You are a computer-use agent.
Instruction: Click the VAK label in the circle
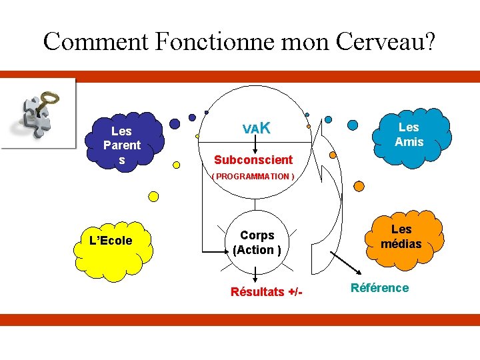click(x=256, y=127)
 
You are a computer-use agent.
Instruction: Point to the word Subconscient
click(x=253, y=160)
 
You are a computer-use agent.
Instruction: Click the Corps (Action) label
click(x=257, y=243)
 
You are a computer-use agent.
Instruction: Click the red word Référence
click(x=379, y=288)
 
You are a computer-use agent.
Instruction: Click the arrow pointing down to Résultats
click(x=257, y=273)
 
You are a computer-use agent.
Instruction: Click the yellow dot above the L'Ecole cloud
click(x=153, y=197)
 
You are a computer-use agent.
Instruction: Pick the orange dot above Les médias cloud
click(x=359, y=185)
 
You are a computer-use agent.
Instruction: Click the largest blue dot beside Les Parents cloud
click(x=175, y=124)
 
